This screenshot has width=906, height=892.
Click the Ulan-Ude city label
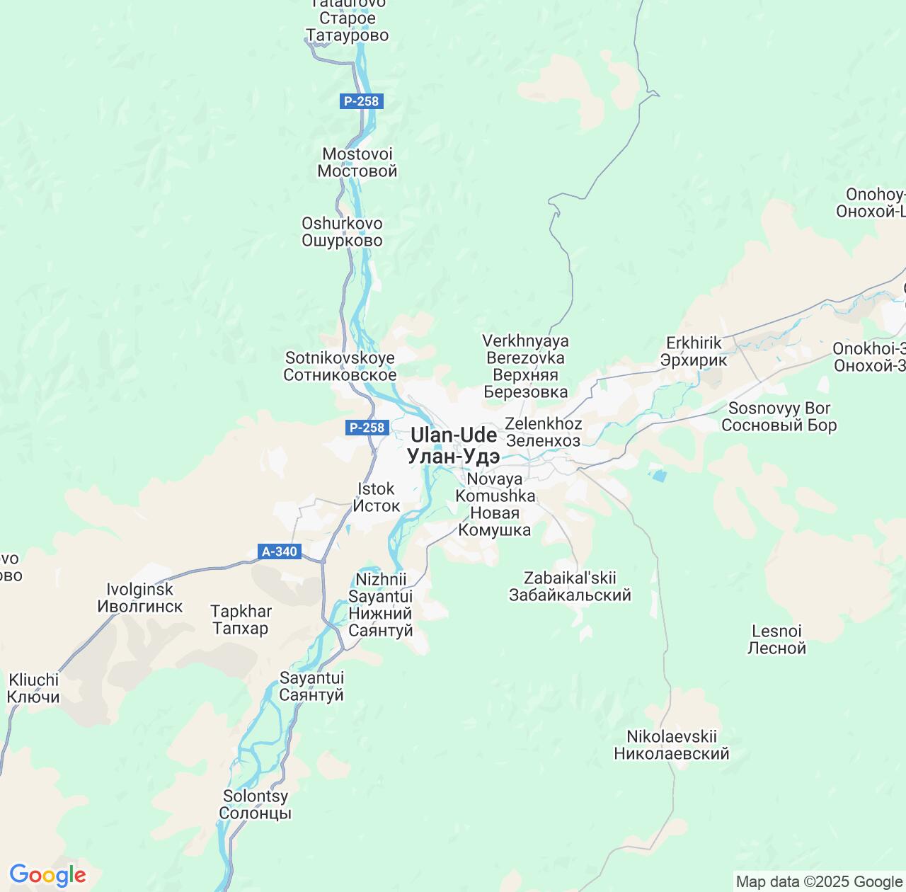(454, 445)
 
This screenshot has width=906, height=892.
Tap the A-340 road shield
(280, 551)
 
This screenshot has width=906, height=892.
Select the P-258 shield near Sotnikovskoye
(367, 428)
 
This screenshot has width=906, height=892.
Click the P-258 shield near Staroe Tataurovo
(362, 101)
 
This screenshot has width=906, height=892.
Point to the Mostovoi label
(357, 162)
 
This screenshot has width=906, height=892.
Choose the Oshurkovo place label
(342, 231)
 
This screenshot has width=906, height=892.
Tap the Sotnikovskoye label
(340, 366)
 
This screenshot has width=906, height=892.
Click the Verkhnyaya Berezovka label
(525, 366)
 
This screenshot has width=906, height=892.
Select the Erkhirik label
(694, 351)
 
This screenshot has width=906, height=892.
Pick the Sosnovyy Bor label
(779, 416)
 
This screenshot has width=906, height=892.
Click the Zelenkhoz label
(544, 432)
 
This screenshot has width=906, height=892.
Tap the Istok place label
(377, 497)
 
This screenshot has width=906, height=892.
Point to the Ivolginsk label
(139, 597)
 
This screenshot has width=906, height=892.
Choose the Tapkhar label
(241, 619)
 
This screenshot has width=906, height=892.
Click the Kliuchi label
(33, 688)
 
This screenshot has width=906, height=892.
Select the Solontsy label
(256, 804)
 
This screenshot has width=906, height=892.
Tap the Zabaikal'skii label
(570, 586)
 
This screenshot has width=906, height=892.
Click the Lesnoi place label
(776, 639)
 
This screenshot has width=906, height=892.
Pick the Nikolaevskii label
(672, 745)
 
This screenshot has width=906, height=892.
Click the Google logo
(47, 876)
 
